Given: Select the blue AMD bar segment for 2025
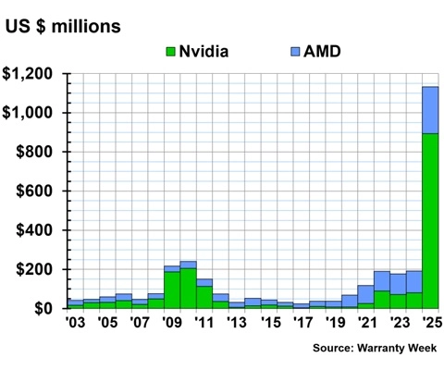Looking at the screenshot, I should [x=430, y=110].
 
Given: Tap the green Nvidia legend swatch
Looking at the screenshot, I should [x=170, y=51].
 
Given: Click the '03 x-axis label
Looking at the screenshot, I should [x=75, y=323].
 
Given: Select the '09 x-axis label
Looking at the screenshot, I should [x=171, y=323].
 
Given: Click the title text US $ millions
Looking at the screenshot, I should [x=63, y=25].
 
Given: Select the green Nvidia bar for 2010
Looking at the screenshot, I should [x=188, y=288].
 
